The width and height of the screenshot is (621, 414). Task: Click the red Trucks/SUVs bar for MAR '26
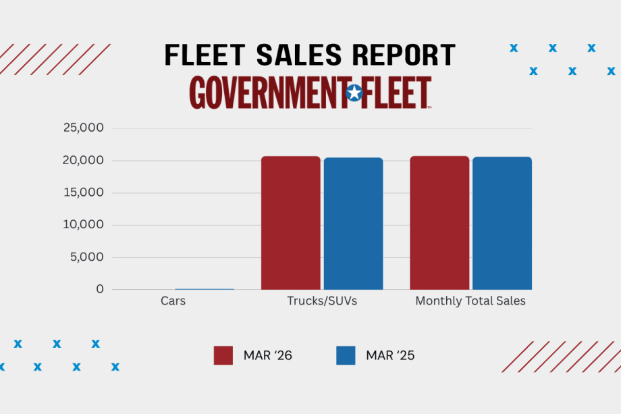[x=291, y=223]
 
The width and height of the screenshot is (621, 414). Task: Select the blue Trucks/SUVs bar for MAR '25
[x=353, y=224]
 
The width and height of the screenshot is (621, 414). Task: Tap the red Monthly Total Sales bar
[x=439, y=223]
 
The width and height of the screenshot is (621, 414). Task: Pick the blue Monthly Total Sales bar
[x=502, y=224]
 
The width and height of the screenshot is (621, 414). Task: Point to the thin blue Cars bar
[x=205, y=288]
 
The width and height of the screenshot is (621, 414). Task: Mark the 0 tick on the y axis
[x=100, y=289]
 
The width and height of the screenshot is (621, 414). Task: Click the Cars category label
[x=173, y=301]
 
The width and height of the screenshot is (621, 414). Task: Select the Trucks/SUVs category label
[x=322, y=301]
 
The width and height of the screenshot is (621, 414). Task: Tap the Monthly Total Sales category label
[x=470, y=301]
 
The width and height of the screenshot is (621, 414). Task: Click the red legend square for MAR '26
[x=223, y=355]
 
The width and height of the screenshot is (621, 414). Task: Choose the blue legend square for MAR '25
[x=346, y=355]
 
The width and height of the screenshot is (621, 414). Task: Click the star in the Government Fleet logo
[x=354, y=93]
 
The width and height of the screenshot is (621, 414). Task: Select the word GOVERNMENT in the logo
[x=267, y=93]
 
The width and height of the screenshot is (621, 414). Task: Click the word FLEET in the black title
[x=206, y=55]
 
